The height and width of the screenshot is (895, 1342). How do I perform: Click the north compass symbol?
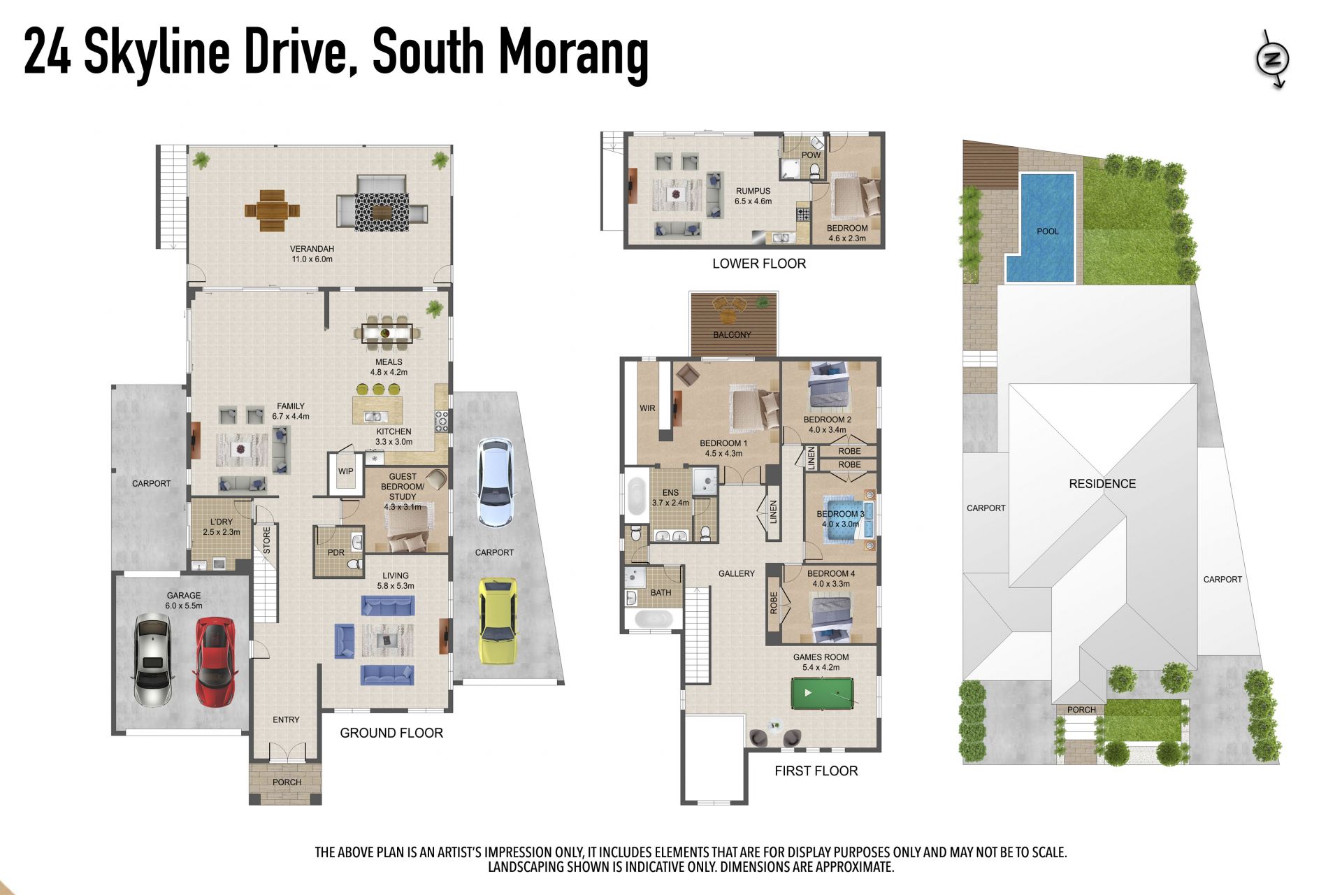[x=1272, y=59]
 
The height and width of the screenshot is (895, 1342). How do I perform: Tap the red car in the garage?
[x=215, y=661]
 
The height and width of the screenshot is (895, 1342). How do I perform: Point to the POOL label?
[x=1047, y=231]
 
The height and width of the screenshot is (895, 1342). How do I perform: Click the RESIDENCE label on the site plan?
[x=1102, y=484]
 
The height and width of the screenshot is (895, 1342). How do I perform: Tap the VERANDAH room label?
[x=312, y=249]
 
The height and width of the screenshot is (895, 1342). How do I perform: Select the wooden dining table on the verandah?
[x=272, y=210]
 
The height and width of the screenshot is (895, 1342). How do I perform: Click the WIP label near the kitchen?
[x=346, y=471]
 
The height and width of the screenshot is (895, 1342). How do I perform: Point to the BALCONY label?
[x=732, y=335]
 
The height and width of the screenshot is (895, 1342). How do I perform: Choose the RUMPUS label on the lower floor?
[x=753, y=191]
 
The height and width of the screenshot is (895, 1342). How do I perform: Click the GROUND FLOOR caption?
[x=391, y=733]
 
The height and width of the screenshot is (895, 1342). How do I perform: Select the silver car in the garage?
[x=152, y=660]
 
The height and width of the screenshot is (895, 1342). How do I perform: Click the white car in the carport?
[x=494, y=482]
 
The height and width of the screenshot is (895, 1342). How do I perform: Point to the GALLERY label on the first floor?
[x=737, y=573]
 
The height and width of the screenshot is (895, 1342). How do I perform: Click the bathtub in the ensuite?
[x=636, y=495]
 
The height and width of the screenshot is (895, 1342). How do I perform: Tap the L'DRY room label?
[x=222, y=522]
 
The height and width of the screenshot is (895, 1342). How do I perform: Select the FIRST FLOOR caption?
[x=816, y=771]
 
